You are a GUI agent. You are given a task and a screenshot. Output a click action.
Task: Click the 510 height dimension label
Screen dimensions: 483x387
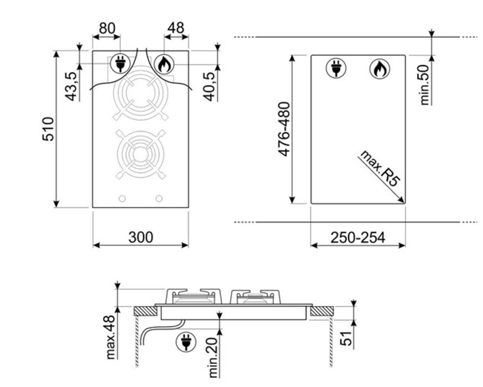(x=48, y=129)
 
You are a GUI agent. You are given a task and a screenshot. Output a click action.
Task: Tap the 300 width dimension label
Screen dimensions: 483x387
(x=141, y=237)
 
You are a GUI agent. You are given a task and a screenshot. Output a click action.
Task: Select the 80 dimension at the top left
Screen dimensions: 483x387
(x=107, y=28)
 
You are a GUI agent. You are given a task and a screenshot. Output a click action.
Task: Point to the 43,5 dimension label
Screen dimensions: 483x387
(x=71, y=86)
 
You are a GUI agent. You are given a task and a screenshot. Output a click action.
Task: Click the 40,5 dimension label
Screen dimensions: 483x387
(x=209, y=86)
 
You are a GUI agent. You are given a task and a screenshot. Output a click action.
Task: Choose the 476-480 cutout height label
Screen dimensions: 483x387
(x=284, y=129)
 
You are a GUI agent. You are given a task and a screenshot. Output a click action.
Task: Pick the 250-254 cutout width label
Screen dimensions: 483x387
(x=358, y=238)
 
